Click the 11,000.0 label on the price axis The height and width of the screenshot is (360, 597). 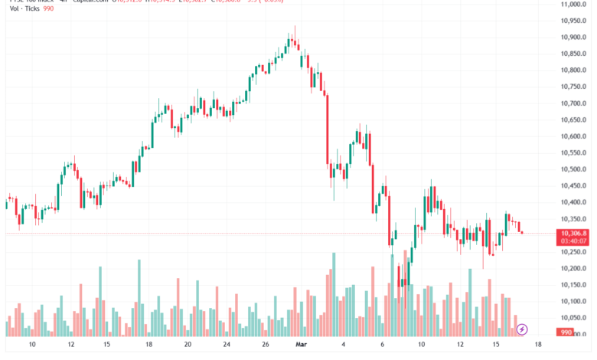pos(573,4)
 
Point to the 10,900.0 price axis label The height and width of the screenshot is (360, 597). pos(573,37)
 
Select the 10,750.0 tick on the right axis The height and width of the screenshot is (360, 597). pos(573,87)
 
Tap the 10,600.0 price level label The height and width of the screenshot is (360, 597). pos(573,136)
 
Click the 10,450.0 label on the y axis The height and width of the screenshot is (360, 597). pos(573,186)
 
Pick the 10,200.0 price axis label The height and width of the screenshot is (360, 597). pos(573,268)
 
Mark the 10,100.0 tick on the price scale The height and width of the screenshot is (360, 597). pos(573,301)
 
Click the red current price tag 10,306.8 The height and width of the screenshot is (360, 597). pos(573,233)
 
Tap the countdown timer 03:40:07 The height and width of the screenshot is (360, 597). pos(573,241)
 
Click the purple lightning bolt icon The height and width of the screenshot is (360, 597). pos(522,329)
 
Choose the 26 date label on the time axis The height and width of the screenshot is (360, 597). pos(264,345)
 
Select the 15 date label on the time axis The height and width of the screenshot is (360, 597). pos(497,345)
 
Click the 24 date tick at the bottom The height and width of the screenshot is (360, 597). pos(227,345)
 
